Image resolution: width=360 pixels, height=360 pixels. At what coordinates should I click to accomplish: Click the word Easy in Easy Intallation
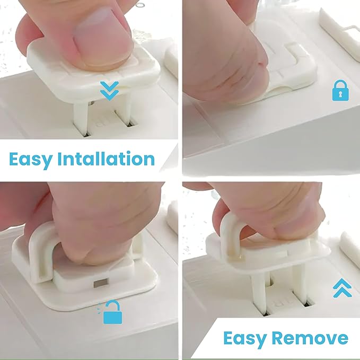click(32, 159)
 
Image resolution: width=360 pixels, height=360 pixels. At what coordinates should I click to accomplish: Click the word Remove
click(315, 338)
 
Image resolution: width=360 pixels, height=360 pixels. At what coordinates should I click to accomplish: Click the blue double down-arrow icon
click(109, 90)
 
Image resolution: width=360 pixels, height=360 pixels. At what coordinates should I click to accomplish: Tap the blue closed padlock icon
click(340, 91)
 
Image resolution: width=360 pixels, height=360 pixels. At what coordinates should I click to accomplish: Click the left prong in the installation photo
click(81, 118)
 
